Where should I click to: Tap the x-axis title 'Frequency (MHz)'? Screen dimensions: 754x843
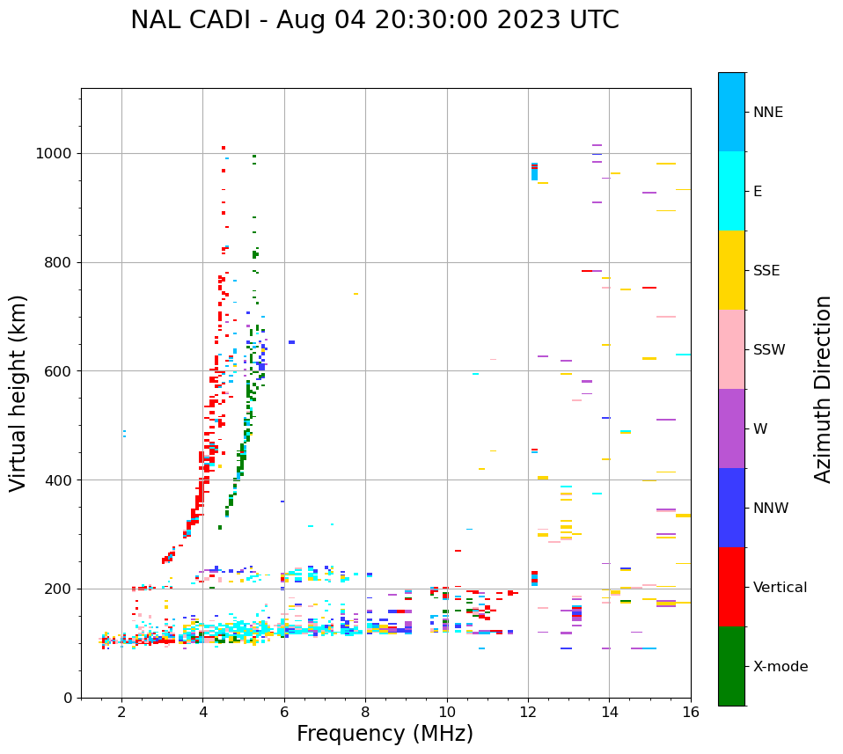(x=385, y=734)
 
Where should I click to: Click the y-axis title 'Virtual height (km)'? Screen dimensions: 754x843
(x=18, y=392)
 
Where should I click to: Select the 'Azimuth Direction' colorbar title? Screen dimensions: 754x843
(x=823, y=389)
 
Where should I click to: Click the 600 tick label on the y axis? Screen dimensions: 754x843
(x=59, y=371)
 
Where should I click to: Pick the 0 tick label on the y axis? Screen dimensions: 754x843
(x=67, y=698)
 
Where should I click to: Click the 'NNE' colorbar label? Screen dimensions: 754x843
(x=767, y=113)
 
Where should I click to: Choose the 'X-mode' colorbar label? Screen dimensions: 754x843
(x=780, y=667)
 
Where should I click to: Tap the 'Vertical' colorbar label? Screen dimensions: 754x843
(x=780, y=588)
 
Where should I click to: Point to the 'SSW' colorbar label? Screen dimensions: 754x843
(x=769, y=350)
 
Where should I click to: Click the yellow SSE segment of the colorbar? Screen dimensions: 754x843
(x=731, y=270)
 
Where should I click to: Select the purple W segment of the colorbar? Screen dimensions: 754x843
(x=731, y=428)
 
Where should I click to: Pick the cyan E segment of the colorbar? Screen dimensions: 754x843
(x=731, y=191)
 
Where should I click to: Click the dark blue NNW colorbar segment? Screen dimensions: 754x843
(x=731, y=508)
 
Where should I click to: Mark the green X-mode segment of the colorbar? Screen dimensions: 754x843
(x=731, y=666)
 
